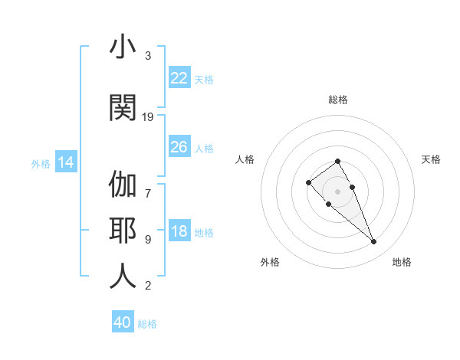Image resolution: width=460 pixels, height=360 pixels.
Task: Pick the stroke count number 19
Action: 148,116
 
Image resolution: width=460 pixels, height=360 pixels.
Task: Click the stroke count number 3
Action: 148,56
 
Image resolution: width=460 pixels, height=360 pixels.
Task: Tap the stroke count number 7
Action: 148,185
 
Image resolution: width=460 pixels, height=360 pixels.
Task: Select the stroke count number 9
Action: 148,239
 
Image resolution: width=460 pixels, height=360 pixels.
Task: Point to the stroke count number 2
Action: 148,286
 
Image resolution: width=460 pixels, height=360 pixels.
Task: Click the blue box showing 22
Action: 179,78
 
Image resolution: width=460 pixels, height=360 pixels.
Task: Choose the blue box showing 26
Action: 179,147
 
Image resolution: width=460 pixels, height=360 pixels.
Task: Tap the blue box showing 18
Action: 179,231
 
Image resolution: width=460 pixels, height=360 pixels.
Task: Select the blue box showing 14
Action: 66,162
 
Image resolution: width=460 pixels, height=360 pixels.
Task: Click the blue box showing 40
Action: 123,322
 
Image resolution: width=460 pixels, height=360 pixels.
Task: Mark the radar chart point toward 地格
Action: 373,242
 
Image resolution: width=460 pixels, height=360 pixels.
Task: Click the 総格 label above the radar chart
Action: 338,100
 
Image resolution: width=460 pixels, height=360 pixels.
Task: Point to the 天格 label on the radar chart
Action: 432,159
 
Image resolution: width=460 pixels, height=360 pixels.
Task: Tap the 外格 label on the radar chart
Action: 270,262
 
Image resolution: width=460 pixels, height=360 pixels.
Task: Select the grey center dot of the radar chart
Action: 338,191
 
